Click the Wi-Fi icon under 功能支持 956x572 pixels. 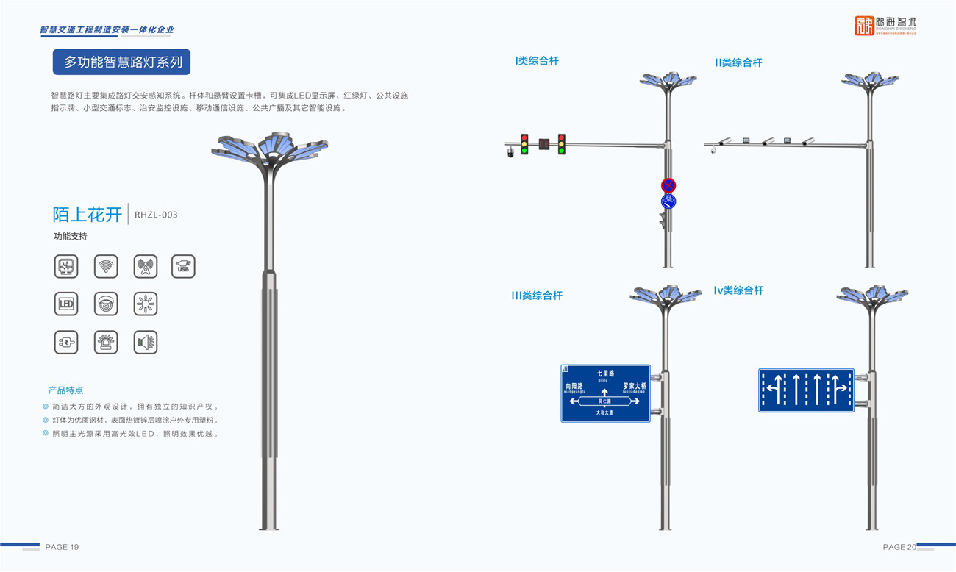click(x=106, y=266)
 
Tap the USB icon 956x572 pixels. click(x=183, y=266)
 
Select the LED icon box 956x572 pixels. click(x=66, y=304)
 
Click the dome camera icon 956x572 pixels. click(x=106, y=304)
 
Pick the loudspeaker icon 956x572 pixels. click(x=146, y=342)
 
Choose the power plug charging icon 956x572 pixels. click(x=66, y=342)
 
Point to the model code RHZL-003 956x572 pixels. click(x=156, y=215)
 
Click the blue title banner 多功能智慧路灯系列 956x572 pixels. click(x=122, y=62)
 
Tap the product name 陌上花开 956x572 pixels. click(x=88, y=215)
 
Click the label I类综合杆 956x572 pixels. click(x=537, y=61)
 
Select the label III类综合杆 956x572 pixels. click(x=537, y=296)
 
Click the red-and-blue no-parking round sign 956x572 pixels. click(x=668, y=185)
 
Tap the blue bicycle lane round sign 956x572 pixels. click(x=668, y=201)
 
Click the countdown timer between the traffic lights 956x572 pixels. click(x=543, y=144)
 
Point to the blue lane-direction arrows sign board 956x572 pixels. click(x=806, y=390)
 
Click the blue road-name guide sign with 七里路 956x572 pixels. click(x=605, y=393)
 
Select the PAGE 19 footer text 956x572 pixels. click(x=62, y=547)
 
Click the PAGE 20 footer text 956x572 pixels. click(x=899, y=547)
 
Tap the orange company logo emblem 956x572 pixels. click(x=864, y=26)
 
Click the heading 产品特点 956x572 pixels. click(x=65, y=390)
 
